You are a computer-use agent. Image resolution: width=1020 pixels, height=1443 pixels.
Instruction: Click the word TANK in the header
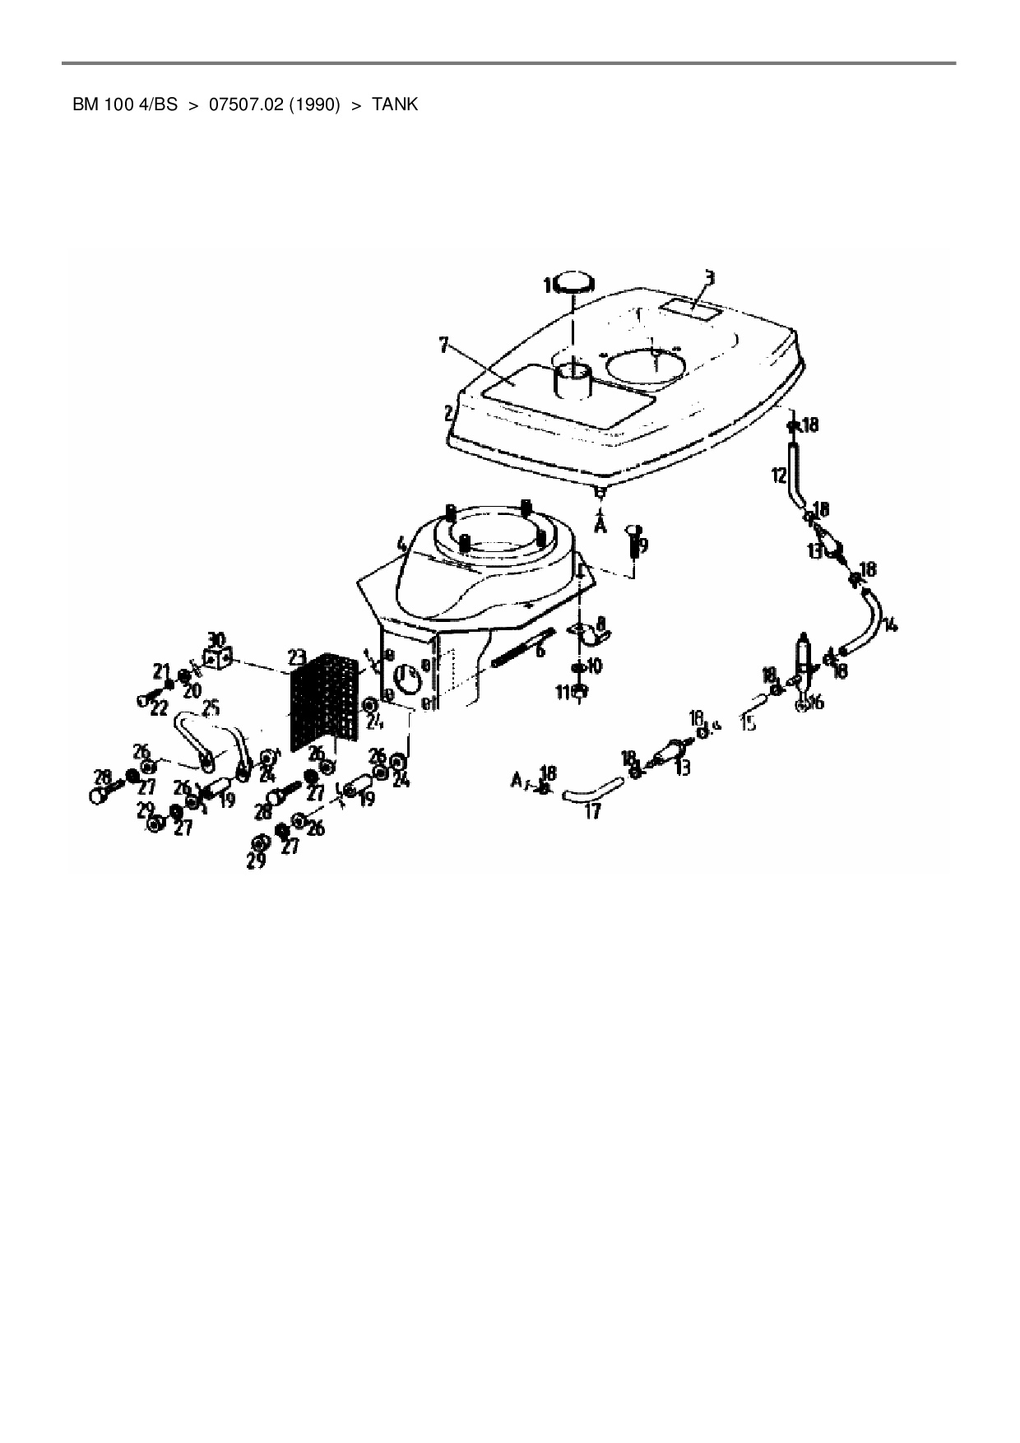click(395, 105)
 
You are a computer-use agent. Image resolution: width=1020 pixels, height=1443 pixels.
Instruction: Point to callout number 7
click(444, 345)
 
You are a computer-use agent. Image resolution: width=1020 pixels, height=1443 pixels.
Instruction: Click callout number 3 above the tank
click(709, 277)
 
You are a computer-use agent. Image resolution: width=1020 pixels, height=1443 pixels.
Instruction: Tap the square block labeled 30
click(216, 659)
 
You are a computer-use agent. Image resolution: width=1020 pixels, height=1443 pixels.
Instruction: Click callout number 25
click(211, 707)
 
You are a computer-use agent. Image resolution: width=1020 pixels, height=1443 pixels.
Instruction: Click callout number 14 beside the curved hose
click(890, 624)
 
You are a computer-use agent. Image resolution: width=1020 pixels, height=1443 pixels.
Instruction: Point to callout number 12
click(779, 475)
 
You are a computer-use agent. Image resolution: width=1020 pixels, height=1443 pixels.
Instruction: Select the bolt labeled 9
click(635, 541)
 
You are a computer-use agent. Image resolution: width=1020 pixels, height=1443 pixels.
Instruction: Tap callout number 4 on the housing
click(401, 544)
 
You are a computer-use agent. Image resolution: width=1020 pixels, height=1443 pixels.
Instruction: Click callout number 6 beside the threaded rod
click(540, 649)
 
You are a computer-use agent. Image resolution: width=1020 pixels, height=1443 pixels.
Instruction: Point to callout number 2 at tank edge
click(449, 413)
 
